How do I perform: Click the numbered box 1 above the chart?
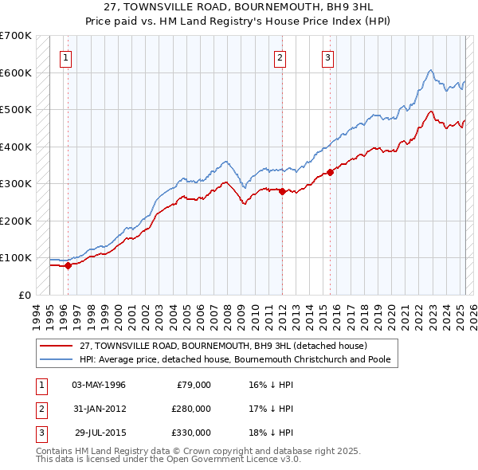pos(65,57)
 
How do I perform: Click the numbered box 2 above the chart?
pos(280,57)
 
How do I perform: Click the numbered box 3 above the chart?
pos(327,57)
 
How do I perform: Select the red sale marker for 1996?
pos(68,266)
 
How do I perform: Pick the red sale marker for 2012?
pos(282,191)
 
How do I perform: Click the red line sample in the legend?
pos(57,347)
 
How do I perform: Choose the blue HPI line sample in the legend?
pos(57,359)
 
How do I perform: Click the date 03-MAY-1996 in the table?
pos(99,385)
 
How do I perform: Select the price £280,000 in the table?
pos(191,409)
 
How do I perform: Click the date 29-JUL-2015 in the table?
pos(100,433)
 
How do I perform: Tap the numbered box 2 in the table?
pos(39,409)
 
